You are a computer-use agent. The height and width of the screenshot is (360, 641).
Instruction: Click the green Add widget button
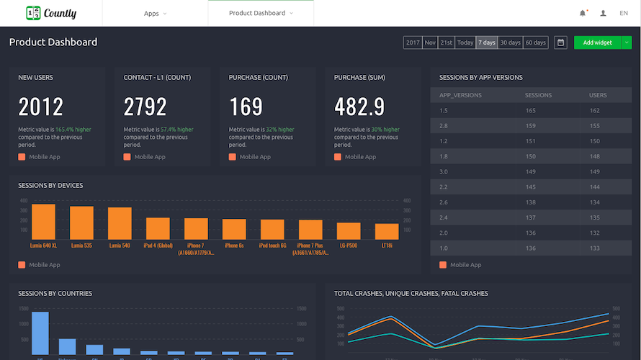[597, 42]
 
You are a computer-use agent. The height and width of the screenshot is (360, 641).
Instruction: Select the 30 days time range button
[510, 42]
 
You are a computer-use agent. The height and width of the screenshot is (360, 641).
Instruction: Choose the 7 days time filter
[487, 42]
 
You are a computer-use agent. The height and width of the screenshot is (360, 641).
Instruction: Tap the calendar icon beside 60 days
[560, 42]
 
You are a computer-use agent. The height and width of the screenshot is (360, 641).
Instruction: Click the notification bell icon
[583, 13]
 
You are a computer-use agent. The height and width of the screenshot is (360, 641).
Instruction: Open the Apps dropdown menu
[155, 13]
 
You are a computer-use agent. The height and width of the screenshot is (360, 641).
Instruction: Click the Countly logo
[51, 13]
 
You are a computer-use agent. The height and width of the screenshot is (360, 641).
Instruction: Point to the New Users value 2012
[41, 107]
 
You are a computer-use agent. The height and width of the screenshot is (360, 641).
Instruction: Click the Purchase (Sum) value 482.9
[359, 107]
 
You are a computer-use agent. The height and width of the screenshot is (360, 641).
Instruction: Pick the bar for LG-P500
[349, 230]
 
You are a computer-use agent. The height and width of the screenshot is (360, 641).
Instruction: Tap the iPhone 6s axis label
[234, 246]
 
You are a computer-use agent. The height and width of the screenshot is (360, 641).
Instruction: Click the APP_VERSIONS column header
[460, 95]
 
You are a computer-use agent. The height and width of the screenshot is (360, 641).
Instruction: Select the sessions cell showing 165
[531, 110]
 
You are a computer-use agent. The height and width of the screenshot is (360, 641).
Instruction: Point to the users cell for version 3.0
[594, 171]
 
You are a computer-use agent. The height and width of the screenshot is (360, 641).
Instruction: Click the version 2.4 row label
[444, 217]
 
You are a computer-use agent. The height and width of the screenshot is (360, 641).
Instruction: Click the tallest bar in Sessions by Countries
[40, 333]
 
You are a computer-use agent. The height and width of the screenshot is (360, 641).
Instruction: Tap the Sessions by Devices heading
[50, 186]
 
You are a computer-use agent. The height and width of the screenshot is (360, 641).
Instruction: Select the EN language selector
[623, 13]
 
